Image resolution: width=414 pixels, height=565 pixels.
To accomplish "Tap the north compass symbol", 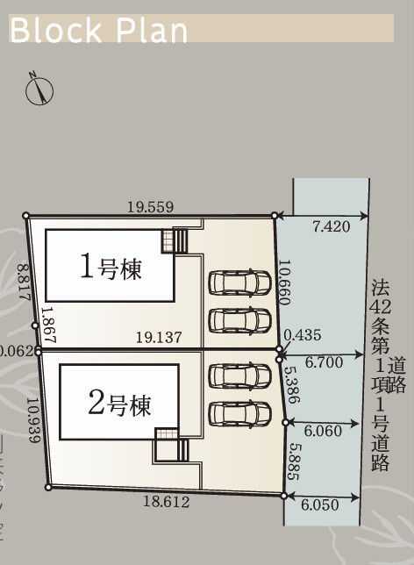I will pyautogui.click(x=40, y=89).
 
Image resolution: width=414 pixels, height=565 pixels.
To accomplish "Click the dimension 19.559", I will pyautogui.click(x=150, y=207).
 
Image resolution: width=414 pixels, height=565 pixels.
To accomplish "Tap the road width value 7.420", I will pyautogui.click(x=332, y=226).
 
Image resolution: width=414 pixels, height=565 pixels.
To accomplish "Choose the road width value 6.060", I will pyautogui.click(x=323, y=432).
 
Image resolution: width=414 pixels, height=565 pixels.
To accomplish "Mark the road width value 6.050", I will pyautogui.click(x=318, y=505).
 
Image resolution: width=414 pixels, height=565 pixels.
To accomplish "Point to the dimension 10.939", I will pyautogui.click(x=32, y=420).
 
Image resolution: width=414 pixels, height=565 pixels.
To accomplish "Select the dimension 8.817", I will pyautogui.click(x=25, y=283).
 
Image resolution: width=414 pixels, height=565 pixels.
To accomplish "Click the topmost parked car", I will pyautogui.click(x=239, y=283).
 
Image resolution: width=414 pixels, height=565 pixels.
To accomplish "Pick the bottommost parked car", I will pyautogui.click(x=239, y=412).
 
